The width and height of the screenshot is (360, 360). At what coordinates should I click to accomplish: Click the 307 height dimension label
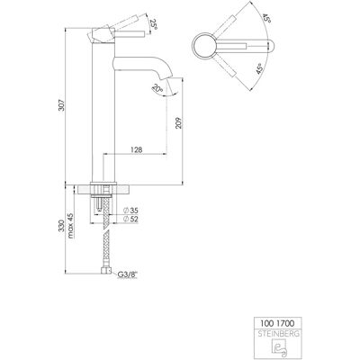[x=61, y=104]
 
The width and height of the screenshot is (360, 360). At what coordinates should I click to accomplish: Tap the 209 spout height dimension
[x=179, y=122]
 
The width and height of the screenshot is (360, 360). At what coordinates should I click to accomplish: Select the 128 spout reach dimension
[x=136, y=149]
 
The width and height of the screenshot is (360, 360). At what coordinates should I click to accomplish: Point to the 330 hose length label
[x=61, y=226]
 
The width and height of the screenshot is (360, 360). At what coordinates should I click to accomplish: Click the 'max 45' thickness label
[x=70, y=226]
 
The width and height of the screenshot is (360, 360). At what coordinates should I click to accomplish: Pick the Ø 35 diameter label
[x=130, y=211]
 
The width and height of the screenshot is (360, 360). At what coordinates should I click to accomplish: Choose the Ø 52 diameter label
[x=130, y=220]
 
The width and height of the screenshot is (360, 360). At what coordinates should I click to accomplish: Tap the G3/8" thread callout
[x=127, y=274]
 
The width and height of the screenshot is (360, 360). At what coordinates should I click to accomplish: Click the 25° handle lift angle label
[x=154, y=23]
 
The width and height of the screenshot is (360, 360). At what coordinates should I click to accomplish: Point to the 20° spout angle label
[x=157, y=89]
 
